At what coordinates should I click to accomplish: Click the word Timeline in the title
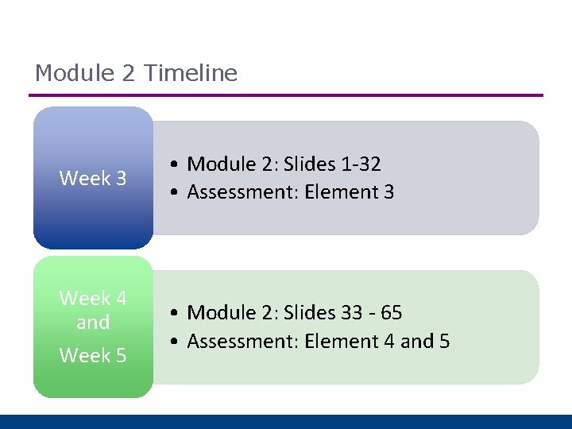pyautogui.click(x=191, y=73)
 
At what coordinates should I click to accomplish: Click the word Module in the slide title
pyautogui.click(x=75, y=73)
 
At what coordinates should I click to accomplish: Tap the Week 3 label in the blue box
pyautogui.click(x=93, y=179)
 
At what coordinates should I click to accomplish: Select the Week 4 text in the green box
pyautogui.click(x=93, y=299)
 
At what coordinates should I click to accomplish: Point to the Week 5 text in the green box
pyautogui.click(x=93, y=355)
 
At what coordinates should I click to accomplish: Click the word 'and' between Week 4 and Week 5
pyautogui.click(x=93, y=323)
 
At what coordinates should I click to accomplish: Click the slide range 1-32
pyautogui.click(x=360, y=164)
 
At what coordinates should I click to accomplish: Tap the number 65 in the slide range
pyautogui.click(x=392, y=313)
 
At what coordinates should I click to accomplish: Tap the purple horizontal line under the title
pyautogui.click(x=286, y=95)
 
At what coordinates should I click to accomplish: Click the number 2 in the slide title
pyautogui.click(x=129, y=73)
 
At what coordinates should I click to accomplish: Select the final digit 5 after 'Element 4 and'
pyautogui.click(x=444, y=342)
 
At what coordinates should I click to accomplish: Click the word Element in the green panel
pyautogui.click(x=340, y=342)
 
